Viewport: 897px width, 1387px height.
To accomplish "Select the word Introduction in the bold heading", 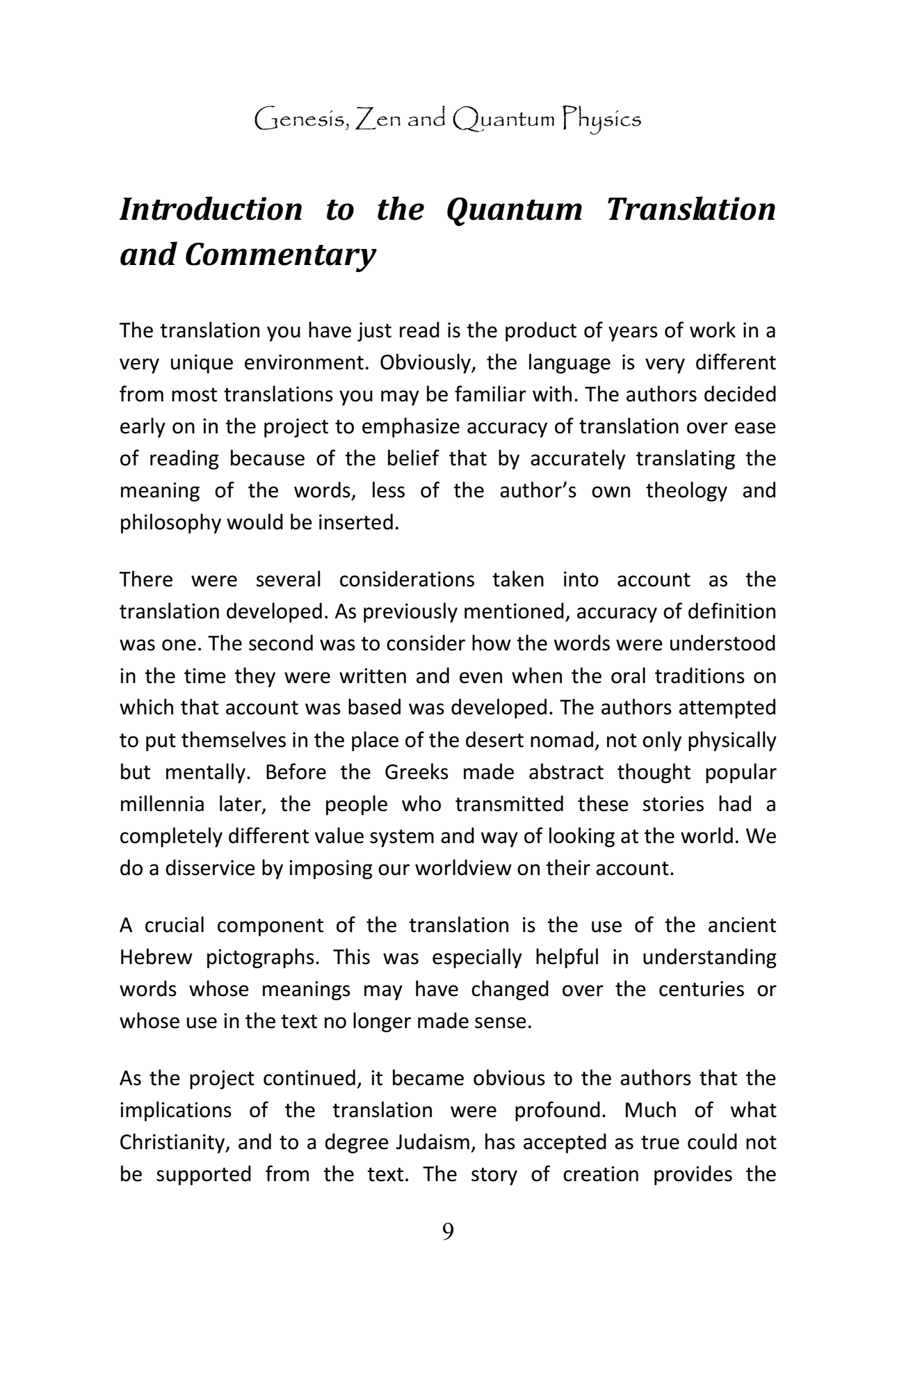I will click(211, 209).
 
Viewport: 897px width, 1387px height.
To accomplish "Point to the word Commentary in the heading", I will click(280, 255).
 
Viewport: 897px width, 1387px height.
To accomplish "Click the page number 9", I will click(448, 1232).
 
